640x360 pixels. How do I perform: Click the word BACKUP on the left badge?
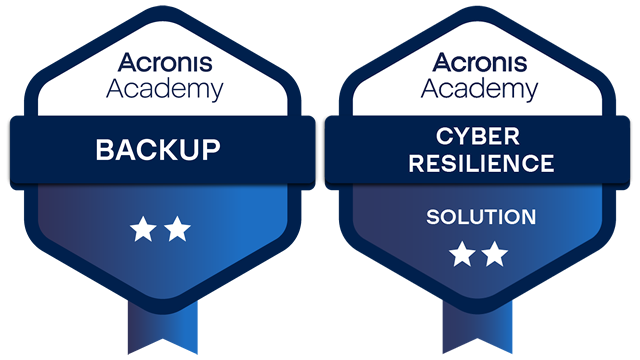(x=157, y=151)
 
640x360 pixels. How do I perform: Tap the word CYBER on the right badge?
(x=480, y=136)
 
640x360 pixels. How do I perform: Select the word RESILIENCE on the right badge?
(x=480, y=162)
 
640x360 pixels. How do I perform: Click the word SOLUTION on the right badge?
(x=480, y=217)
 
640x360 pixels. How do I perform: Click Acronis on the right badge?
(x=479, y=63)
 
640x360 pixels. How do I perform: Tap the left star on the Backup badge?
(x=142, y=231)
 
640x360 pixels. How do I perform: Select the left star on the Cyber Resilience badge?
(x=461, y=255)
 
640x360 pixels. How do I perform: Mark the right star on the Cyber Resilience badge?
(x=495, y=255)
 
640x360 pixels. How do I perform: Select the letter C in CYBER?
(x=442, y=136)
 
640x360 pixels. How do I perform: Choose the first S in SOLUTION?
(x=432, y=217)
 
